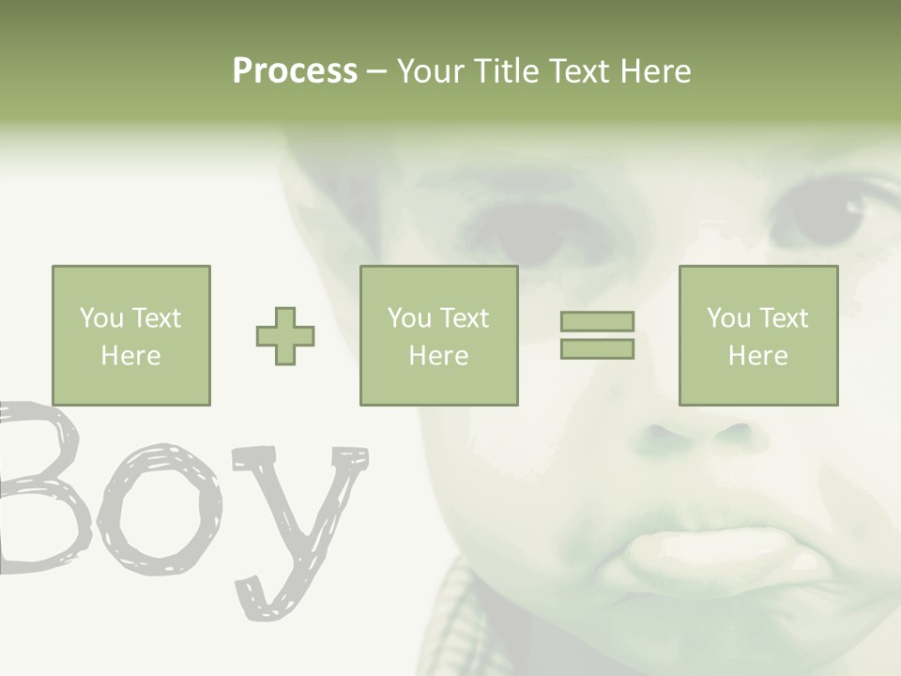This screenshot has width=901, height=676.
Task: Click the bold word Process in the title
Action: click(x=295, y=71)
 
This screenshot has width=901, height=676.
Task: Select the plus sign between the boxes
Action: click(x=285, y=336)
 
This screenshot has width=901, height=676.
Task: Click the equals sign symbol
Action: click(x=597, y=335)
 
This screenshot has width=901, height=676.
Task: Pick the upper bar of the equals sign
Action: click(x=597, y=321)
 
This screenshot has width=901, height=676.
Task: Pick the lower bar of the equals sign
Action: click(x=597, y=349)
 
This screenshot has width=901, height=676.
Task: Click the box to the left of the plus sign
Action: click(x=130, y=335)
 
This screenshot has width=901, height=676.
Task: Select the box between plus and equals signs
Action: click(x=438, y=335)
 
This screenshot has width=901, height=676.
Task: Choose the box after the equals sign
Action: click(x=757, y=335)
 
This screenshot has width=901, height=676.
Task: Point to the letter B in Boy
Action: click(x=38, y=488)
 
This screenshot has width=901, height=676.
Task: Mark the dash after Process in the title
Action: click(x=377, y=71)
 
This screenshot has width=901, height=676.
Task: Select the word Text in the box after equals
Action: click(x=784, y=318)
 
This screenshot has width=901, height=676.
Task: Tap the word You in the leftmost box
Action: click(x=101, y=318)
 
